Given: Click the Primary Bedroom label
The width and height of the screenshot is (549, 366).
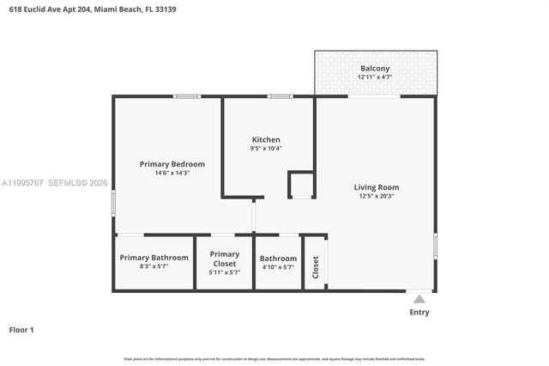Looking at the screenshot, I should click(x=172, y=163).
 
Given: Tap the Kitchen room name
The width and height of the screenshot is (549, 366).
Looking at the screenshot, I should click(x=266, y=139).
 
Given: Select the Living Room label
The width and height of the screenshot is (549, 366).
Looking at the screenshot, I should click(x=377, y=186).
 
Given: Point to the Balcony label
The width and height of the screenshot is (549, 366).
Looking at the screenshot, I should click(x=375, y=68).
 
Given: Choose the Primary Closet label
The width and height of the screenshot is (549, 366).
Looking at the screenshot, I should click(x=225, y=258).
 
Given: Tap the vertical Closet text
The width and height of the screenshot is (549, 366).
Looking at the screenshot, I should click(x=316, y=267).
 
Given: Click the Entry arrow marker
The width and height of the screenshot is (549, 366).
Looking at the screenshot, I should click(x=419, y=299).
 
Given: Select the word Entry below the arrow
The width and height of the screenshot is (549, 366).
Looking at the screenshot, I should click(x=419, y=312).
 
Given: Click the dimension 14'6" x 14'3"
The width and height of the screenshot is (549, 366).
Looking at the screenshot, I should click(x=172, y=173).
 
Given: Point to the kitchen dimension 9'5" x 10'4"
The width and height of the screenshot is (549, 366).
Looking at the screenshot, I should click(x=266, y=149).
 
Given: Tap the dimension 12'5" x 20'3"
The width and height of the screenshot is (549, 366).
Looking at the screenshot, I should click(x=377, y=196).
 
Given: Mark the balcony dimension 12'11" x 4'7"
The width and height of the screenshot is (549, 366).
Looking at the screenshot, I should click(x=375, y=77).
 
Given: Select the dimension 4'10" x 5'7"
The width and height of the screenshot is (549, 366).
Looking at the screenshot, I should click(x=278, y=267).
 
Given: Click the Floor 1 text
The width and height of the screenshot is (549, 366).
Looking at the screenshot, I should click(x=21, y=329).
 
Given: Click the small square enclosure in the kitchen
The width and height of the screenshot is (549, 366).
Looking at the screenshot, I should click(x=301, y=185).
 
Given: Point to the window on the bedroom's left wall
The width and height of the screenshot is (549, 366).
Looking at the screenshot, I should click(x=113, y=204).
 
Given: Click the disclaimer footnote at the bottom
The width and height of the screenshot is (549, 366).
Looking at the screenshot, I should click(x=274, y=359).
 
